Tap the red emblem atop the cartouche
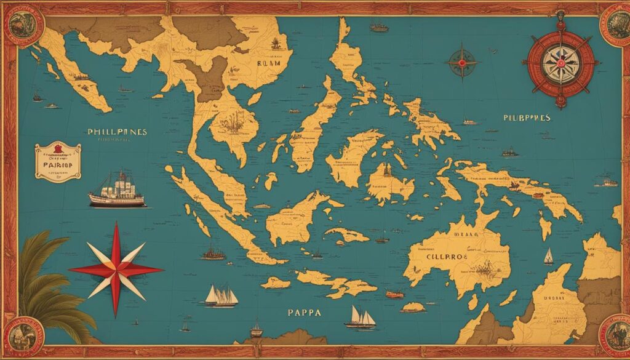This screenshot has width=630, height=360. coord(57,149)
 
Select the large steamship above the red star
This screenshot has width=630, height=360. coord(117,190)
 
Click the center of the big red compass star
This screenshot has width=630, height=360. coord(116,269)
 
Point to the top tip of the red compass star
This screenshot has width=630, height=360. coord(115,224)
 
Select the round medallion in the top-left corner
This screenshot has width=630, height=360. coord(23,25)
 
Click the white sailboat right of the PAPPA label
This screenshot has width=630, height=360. coord(361,318)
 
